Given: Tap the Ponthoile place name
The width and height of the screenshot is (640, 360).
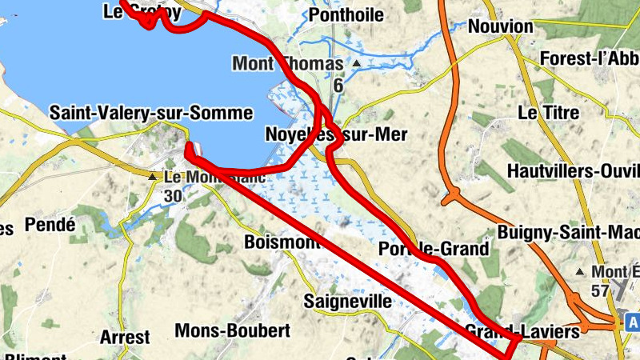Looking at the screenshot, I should tap(346, 14).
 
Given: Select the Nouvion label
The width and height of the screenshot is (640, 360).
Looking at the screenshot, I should tap(500, 26).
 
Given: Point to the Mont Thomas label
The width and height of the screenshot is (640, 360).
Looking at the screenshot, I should tap(287, 63).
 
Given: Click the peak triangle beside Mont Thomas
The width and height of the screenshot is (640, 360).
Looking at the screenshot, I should tap(357, 63).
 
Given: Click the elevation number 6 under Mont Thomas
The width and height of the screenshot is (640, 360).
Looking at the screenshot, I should tap(338, 85).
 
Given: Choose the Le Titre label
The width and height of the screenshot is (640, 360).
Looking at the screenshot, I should tap(548, 113).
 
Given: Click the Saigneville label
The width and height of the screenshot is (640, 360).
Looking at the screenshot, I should tap(348, 302).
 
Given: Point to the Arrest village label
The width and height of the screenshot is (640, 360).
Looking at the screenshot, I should tap(125, 337).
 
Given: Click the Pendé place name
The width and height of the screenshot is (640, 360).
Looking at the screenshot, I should tap(50, 225).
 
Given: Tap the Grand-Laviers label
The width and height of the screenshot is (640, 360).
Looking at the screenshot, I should tap(510, 330).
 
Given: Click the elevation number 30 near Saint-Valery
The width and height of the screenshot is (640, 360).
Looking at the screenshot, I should tap(173, 195).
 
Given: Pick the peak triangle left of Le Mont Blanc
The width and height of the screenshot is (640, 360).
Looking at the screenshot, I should tap(152, 176).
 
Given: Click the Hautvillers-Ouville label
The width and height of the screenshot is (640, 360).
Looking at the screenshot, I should tap(574, 171).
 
